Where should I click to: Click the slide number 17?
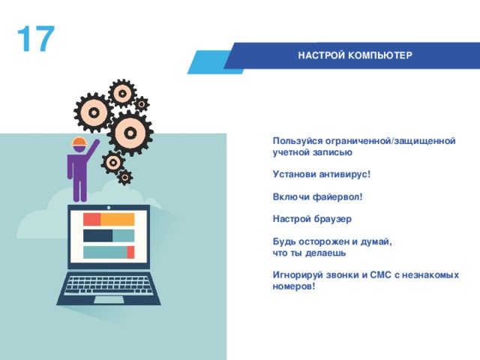pyautogui.click(x=35, y=40)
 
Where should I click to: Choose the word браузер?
pyautogui.click(x=332, y=219)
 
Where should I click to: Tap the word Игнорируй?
pyautogui.click(x=297, y=275)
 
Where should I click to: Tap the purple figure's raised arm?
pyautogui.click(x=92, y=151)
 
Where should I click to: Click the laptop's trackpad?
pyautogui.click(x=109, y=300)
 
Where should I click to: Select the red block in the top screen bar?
pyautogui.click(x=91, y=219)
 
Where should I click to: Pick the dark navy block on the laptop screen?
pyautogui.click(x=97, y=235)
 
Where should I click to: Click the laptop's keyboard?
pyautogui.click(x=109, y=285)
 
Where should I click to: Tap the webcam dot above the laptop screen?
pyautogui.click(x=109, y=208)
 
